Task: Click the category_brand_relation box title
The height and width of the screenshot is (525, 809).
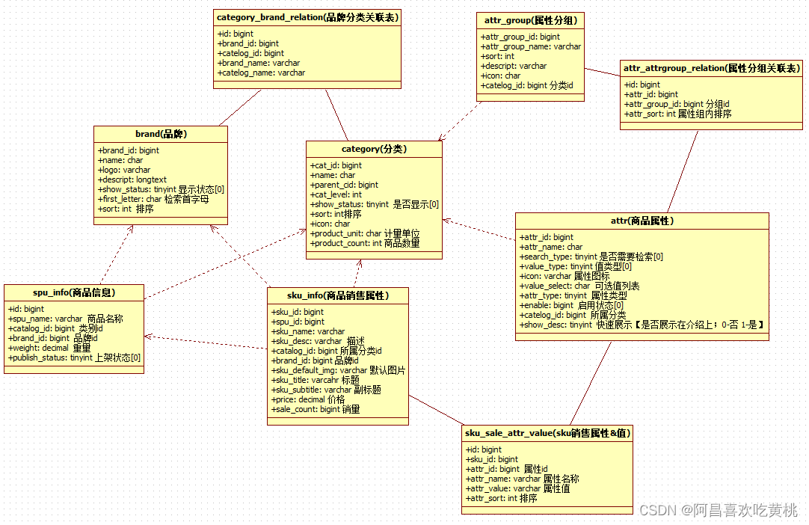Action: coord(307,16)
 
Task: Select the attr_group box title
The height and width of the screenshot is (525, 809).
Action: coord(530,20)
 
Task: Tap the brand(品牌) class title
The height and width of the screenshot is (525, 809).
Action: coord(161,134)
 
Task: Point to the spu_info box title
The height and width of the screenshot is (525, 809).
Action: coord(73,292)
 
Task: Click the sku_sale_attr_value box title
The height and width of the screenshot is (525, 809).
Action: coord(547,433)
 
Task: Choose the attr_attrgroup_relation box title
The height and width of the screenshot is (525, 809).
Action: coord(711,68)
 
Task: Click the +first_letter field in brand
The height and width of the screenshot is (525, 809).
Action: coord(153,199)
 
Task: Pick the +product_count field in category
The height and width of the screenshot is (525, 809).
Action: coord(365,243)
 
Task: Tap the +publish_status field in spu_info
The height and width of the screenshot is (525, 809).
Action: coord(75,357)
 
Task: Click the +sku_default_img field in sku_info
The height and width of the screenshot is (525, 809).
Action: coord(338,370)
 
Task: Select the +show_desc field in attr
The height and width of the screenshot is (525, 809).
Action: coord(642,325)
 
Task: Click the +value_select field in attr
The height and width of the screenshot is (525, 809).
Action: coord(579,286)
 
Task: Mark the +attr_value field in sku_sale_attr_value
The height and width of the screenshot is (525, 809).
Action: coord(517,488)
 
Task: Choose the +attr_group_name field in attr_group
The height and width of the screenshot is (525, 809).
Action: coord(531,46)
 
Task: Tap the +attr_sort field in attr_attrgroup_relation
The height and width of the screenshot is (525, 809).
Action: coord(677,114)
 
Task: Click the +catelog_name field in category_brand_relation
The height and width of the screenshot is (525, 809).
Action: coord(261,73)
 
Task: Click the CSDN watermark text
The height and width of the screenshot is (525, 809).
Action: coord(719,510)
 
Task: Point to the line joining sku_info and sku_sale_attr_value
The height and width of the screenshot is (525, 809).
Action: coord(437,411)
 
